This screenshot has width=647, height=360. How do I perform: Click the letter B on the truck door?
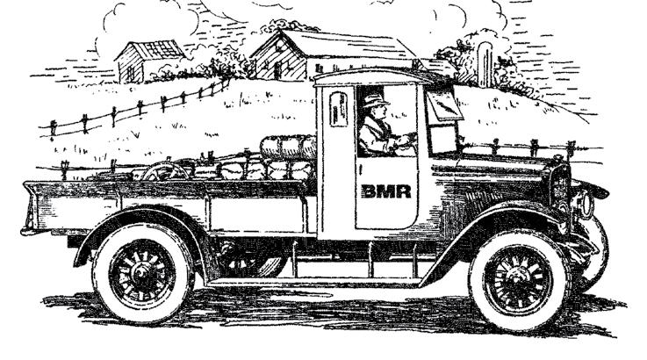click(369, 191)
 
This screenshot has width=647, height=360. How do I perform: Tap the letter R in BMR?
click(402, 191)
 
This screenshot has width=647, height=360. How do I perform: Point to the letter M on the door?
click(385, 191)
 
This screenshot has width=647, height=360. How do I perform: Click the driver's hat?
click(374, 99)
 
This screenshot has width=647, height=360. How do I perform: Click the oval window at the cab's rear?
click(338, 110)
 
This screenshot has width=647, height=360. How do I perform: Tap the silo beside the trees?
click(484, 63)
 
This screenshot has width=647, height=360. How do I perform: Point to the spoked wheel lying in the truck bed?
click(167, 171)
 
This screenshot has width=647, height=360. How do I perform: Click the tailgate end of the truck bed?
click(35, 208)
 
